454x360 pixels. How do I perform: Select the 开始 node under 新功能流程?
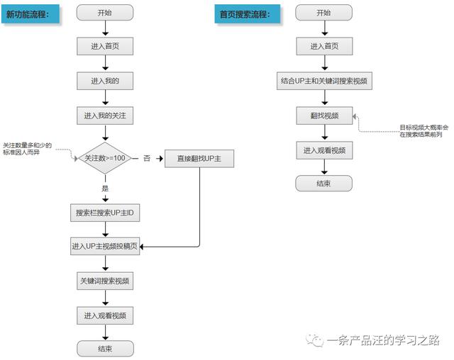point(105,13)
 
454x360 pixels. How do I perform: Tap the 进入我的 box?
point(105,81)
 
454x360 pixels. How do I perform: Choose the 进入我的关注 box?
point(105,115)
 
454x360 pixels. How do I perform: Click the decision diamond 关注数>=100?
point(105,158)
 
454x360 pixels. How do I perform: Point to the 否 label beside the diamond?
point(147,158)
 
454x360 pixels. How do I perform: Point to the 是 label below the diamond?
point(105,189)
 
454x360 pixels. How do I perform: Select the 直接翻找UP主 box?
point(199,158)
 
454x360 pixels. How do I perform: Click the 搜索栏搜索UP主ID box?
point(105,213)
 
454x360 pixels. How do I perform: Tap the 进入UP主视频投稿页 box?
point(105,247)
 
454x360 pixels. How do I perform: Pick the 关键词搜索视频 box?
point(105,281)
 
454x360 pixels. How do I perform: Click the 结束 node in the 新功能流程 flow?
point(105,349)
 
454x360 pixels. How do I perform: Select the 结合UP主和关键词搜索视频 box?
point(323,81)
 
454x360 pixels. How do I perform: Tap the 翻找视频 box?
point(323,115)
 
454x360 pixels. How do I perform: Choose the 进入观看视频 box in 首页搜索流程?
point(323,150)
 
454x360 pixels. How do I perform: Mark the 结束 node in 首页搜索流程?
point(323,183)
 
